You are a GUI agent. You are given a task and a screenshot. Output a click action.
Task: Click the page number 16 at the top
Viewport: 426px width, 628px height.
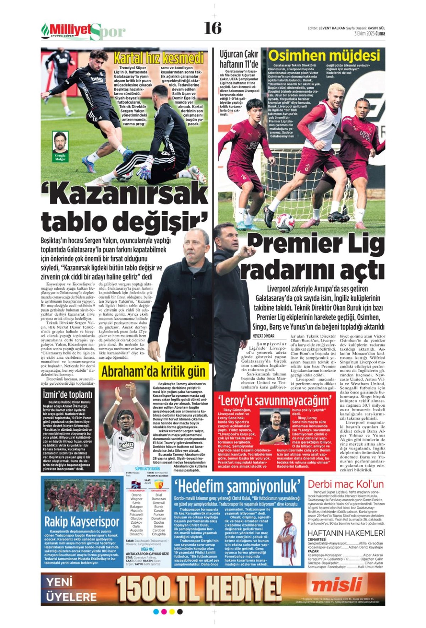click(213, 28)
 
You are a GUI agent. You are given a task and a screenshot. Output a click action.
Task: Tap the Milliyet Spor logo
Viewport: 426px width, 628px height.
click(83, 31)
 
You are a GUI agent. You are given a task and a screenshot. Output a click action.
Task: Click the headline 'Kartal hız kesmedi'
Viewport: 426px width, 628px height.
click(159, 58)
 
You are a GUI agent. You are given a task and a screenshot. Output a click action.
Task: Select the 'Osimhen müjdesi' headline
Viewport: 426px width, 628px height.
click(324, 56)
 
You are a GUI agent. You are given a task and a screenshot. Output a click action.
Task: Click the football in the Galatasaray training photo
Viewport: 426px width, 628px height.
click(285, 222)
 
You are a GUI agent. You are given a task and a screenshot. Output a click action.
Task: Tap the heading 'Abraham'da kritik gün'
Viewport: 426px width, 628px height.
click(153, 371)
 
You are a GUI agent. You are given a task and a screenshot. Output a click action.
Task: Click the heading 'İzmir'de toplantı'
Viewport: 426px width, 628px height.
click(67, 394)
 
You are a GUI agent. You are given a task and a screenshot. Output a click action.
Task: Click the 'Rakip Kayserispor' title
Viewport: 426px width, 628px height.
click(82, 522)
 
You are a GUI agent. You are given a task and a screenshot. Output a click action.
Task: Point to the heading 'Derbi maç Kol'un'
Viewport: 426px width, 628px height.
click(345, 484)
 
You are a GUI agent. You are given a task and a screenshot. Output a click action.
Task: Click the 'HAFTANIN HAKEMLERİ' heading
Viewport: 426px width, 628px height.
click(346, 533)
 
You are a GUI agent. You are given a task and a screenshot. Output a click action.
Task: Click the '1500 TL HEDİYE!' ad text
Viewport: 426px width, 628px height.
click(199, 588)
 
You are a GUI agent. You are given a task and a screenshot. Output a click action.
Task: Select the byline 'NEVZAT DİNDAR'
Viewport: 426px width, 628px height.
click(263, 336)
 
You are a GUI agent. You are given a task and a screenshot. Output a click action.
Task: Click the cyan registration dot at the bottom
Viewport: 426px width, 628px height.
click(156, 611)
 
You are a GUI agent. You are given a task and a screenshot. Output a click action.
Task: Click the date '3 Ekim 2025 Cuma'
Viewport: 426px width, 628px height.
click(369, 34)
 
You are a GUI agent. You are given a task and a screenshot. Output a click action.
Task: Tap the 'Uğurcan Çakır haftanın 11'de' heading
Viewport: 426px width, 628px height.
click(239, 59)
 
